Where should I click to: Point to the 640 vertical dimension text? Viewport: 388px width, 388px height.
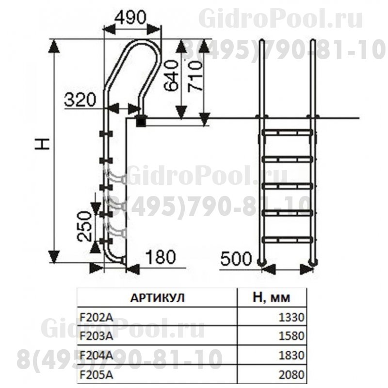pyautogui.click(x=171, y=76)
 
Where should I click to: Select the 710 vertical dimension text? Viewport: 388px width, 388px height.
pyautogui.click(x=196, y=76)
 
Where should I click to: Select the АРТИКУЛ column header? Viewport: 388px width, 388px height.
pyautogui.click(x=158, y=297)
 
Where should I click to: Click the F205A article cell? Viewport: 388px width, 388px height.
pyautogui.click(x=94, y=374)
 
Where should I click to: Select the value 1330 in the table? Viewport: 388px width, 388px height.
pyautogui.click(x=291, y=318)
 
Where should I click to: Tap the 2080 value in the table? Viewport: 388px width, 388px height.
pyautogui.click(x=291, y=374)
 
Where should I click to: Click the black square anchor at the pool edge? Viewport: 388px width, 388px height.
pyautogui.click(x=141, y=121)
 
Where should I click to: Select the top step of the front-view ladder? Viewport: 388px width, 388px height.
pyautogui.click(x=287, y=131)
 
